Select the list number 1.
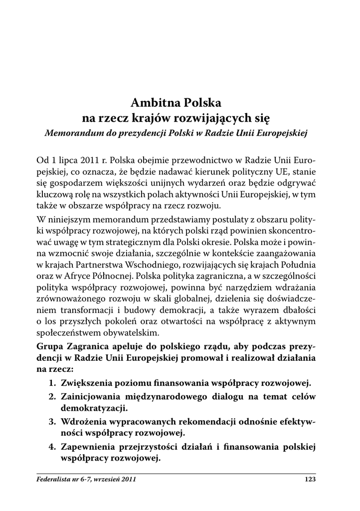(x=52, y=383)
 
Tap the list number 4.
(x=52, y=446)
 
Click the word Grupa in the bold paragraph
(x=49, y=346)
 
